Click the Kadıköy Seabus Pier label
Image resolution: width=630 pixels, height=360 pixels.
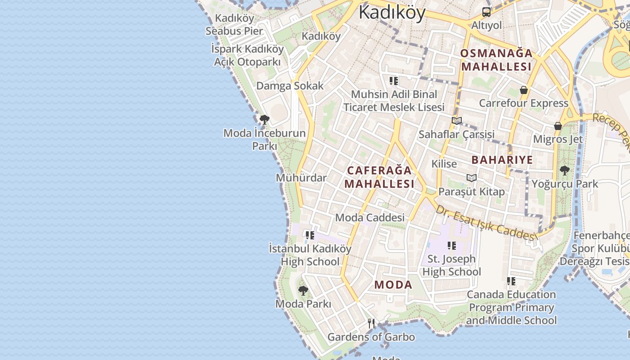click(x=234, y=25)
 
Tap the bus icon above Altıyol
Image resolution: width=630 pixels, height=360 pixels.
click(x=486, y=12)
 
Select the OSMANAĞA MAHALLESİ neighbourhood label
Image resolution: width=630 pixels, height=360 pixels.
click(x=496, y=60)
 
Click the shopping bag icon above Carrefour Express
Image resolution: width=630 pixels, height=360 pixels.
click(x=523, y=90)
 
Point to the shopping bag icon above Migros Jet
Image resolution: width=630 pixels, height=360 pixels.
click(x=558, y=126)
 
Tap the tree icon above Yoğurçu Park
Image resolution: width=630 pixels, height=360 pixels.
click(x=564, y=171)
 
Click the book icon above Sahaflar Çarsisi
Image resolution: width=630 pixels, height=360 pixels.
click(x=457, y=121)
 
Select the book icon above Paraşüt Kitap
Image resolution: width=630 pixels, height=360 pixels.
click(x=471, y=178)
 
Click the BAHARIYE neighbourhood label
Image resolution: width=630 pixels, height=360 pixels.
click(x=502, y=160)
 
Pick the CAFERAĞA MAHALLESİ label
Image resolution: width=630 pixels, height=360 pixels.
click(x=379, y=177)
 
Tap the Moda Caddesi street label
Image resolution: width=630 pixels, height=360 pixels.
click(x=370, y=218)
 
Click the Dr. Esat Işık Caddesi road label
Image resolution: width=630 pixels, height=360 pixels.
click(x=486, y=224)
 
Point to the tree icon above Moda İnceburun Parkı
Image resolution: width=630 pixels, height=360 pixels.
click(x=265, y=120)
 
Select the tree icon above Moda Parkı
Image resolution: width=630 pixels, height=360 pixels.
click(x=303, y=291)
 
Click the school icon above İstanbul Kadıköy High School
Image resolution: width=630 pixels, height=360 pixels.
click(x=310, y=235)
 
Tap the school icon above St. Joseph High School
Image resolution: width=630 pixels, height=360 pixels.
click(x=451, y=246)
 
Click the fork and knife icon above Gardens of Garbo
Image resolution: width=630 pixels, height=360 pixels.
click(x=371, y=323)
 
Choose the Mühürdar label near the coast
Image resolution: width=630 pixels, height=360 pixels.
click(x=301, y=178)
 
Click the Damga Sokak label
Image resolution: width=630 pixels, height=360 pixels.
click(x=290, y=86)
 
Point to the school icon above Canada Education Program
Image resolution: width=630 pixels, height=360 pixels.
click(x=511, y=281)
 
